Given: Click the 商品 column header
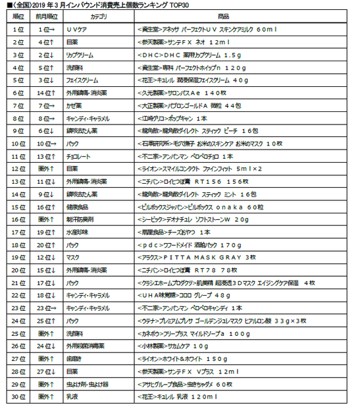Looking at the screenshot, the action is coord(241,16).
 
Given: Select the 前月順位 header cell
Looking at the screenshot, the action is coord(47,16).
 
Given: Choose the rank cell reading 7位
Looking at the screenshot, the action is coord(17,105).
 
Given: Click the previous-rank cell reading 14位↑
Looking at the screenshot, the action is coord(47,93).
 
